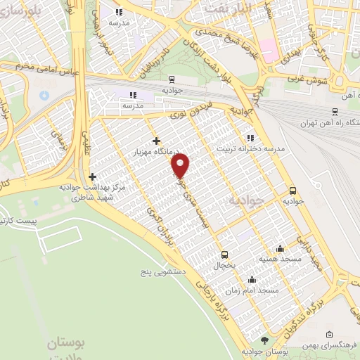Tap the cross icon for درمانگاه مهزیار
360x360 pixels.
(x=156, y=141)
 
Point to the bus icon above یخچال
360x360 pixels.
(x=224, y=255)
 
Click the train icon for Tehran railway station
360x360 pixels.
(x=335, y=111)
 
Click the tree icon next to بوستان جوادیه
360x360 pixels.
(x=264, y=340)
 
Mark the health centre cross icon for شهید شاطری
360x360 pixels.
(x=92, y=176)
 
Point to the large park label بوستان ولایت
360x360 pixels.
(x=65, y=350)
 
